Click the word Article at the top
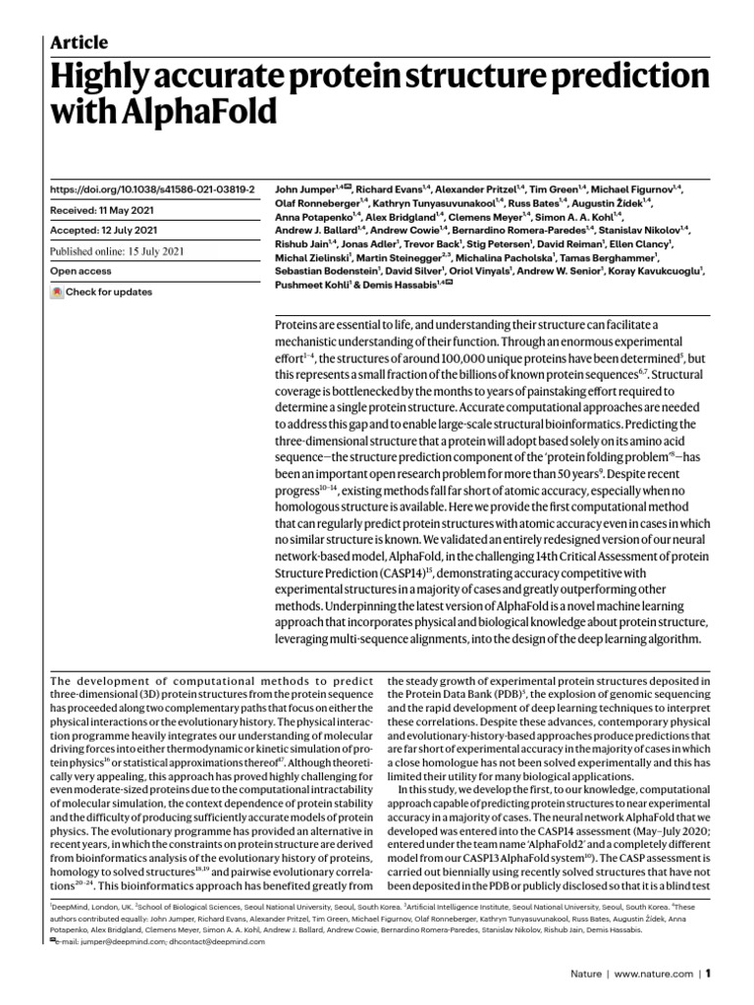pos(79,41)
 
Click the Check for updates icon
pos(57,292)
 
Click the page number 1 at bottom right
pos(707,975)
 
